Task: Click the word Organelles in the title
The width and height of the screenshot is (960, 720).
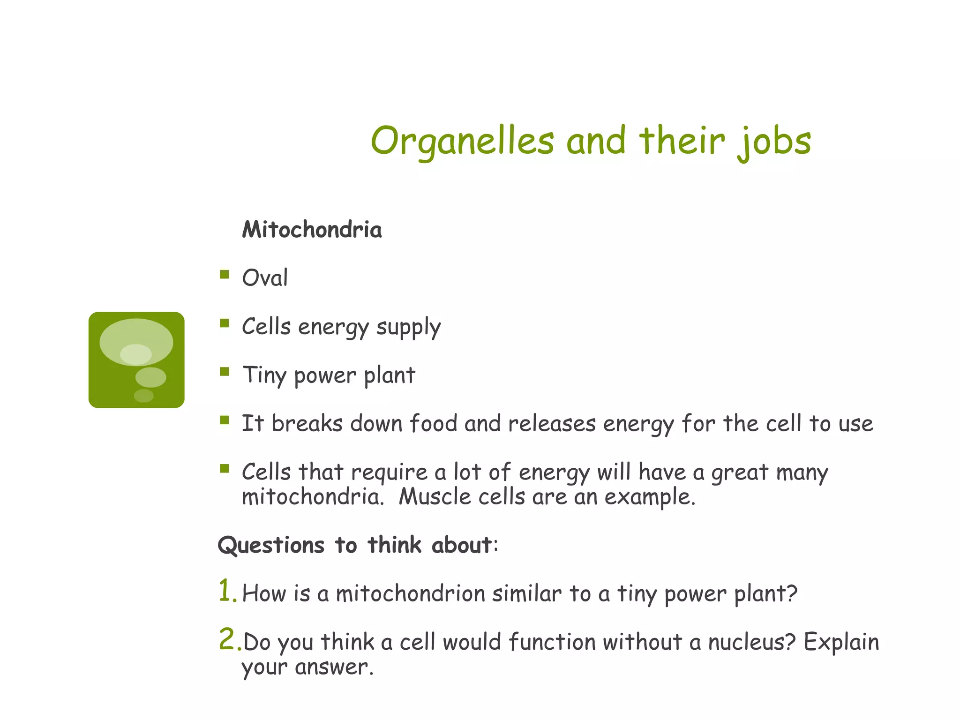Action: [462, 141]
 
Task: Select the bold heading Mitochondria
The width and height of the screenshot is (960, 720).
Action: [312, 230]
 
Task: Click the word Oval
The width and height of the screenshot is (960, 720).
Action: [265, 277]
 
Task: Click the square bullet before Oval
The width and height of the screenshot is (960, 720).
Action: [225, 274]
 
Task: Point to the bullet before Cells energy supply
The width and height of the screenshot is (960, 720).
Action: [225, 323]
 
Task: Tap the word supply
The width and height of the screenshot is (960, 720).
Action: [408, 328]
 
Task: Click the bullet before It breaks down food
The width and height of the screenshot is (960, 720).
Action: [225, 420]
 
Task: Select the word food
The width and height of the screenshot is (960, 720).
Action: [433, 423]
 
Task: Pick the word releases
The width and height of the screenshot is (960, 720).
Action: [552, 423]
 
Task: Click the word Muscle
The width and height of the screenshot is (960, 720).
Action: [435, 497]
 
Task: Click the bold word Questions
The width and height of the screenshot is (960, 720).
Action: [271, 546]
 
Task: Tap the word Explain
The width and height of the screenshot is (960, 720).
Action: [841, 642]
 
